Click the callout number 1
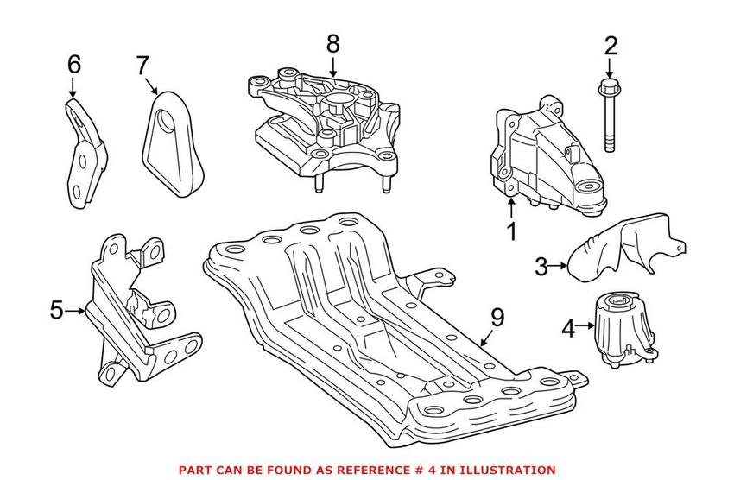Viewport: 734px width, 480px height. click(x=511, y=231)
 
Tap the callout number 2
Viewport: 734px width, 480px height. click(x=611, y=46)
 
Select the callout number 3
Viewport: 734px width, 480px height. click(x=541, y=267)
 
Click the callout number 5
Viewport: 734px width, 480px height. click(x=57, y=309)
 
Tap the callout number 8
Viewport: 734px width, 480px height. click(x=333, y=42)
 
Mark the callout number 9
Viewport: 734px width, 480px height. click(x=497, y=318)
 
